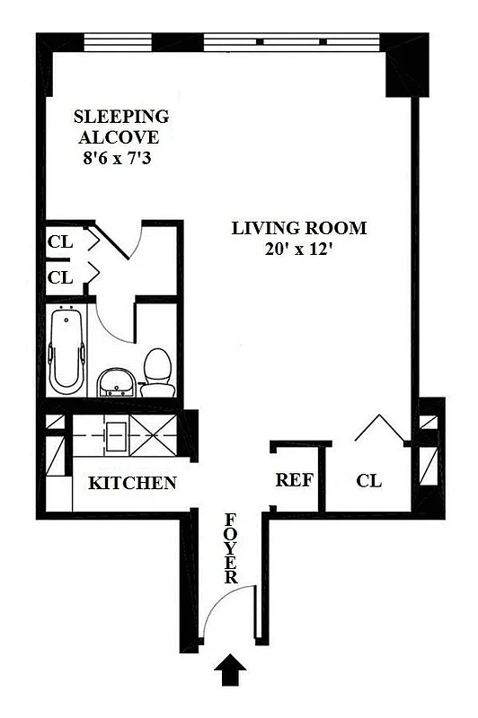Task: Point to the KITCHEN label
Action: tap(132, 484)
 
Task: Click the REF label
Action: tap(294, 480)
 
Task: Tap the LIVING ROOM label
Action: tap(298, 228)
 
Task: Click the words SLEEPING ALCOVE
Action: tap(121, 127)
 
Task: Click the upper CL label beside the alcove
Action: tap(60, 241)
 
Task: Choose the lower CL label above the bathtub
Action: tap(60, 277)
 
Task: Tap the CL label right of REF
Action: tap(368, 482)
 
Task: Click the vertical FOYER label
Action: tap(231, 548)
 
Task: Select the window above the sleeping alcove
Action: tap(119, 41)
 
